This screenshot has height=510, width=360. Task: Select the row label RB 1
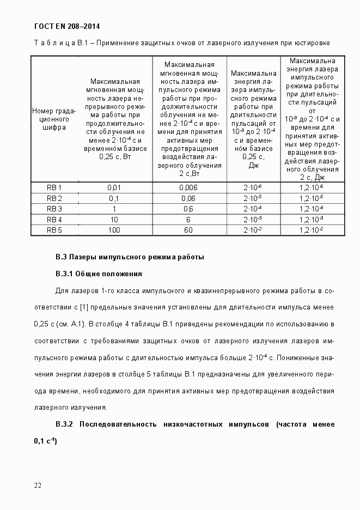tap(54, 187)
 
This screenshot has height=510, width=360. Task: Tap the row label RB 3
tap(54, 209)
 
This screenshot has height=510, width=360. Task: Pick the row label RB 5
tap(54, 230)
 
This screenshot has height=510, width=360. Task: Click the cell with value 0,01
tap(114, 187)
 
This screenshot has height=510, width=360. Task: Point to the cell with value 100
tap(114, 230)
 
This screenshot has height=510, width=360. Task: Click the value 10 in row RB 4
tap(114, 220)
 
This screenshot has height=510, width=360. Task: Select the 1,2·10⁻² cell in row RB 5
tap(311, 230)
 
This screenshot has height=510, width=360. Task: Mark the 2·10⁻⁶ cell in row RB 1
tap(253, 187)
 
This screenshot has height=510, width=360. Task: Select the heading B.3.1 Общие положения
tap(99, 274)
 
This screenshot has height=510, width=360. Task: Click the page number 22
tap(37, 485)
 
